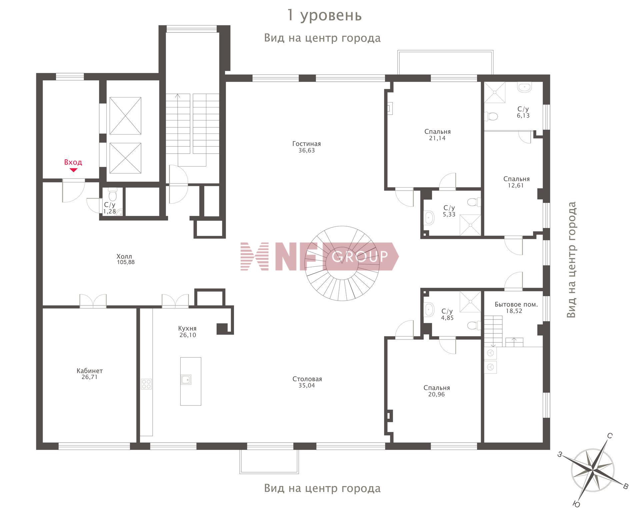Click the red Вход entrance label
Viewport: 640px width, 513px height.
coord(73,162)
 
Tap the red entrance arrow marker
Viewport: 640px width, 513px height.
coord(73,170)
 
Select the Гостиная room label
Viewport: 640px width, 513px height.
coord(306,144)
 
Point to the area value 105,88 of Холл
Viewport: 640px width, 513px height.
coord(126,262)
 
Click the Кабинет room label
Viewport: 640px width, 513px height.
coord(90,371)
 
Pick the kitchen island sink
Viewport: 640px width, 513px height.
coord(186,379)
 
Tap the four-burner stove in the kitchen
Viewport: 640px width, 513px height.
coord(146,384)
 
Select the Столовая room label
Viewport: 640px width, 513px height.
coord(307,379)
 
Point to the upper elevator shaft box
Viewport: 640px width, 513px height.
coord(125,116)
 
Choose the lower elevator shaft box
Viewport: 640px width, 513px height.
coord(125,158)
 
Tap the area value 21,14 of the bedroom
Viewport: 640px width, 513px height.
coord(437,138)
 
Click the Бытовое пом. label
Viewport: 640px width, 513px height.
coord(516,304)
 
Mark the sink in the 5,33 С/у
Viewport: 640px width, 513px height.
coord(429,218)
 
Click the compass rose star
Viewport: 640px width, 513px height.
coord(593,471)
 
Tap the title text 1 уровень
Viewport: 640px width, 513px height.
coord(324,15)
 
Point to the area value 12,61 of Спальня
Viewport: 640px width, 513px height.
coord(516,186)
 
